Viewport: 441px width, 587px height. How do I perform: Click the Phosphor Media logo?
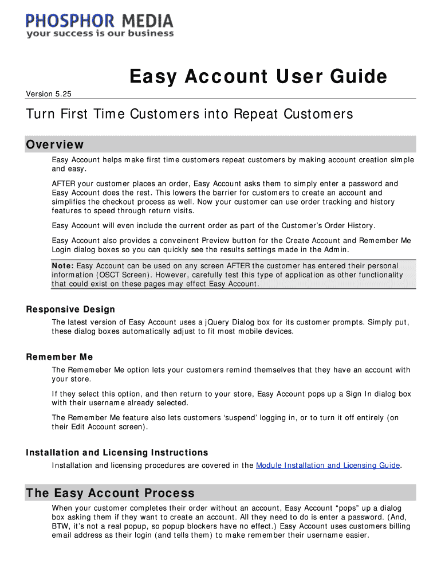pos(99,21)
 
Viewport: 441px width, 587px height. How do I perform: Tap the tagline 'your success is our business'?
pos(100,34)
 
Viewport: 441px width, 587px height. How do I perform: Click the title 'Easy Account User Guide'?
pos(258,76)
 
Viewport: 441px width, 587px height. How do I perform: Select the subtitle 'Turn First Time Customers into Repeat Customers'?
pos(190,114)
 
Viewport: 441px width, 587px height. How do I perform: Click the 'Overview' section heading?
pos(55,144)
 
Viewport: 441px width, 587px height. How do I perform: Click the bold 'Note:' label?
pos(62,266)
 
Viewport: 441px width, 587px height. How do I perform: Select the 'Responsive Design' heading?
pos(70,310)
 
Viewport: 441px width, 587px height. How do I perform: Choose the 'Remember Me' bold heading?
pos(60,357)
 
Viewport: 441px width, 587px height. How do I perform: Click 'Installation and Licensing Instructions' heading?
pos(117,453)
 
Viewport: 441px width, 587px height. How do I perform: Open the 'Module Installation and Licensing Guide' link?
pos(328,465)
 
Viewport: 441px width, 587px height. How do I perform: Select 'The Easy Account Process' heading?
pos(111,493)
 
